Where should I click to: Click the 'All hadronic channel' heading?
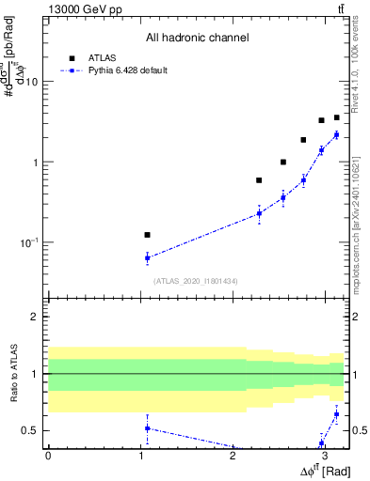coord(197,39)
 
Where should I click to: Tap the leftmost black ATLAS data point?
coord(147,235)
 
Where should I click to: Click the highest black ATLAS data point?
coord(336,117)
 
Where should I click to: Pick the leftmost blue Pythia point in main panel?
coord(147,257)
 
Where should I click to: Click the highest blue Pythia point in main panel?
coord(336,135)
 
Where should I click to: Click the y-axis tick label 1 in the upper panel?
coord(36,163)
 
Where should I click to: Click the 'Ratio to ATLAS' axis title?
coord(13,374)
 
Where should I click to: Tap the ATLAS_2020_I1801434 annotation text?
coord(196,281)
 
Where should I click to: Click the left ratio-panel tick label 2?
coord(36,317)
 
